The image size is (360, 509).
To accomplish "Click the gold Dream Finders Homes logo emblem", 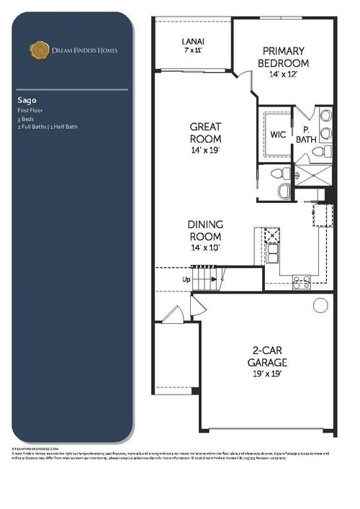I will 38,49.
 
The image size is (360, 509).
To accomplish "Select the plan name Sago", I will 26,100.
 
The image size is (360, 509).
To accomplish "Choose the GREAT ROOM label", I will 205,131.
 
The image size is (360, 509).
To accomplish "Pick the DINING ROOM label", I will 205,230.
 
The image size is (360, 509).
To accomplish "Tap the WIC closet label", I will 278,135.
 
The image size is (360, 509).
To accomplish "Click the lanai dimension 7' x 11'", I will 192,52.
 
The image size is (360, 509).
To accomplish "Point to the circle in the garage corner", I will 319,305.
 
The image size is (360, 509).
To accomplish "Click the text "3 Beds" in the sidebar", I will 25,118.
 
